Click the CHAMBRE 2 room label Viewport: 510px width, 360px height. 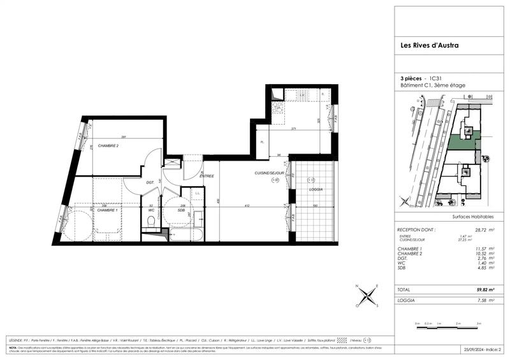[x=108, y=146]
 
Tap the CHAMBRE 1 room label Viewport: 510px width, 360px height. [x=107, y=210]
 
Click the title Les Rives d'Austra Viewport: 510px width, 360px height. [x=423, y=45]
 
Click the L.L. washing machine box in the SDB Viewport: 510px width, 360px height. [x=198, y=194]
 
